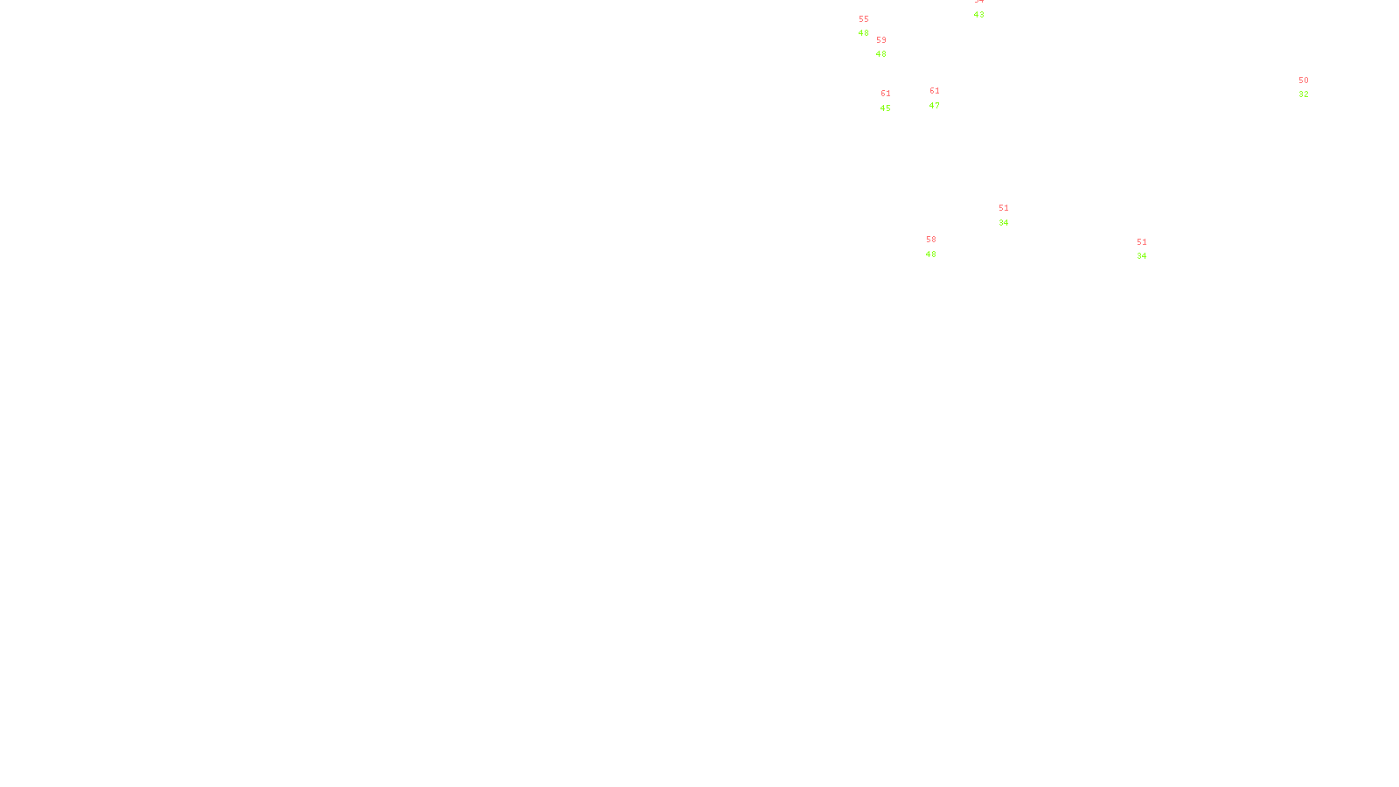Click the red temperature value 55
(x=864, y=19)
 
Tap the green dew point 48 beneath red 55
(x=864, y=33)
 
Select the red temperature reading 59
(x=881, y=40)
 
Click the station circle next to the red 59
(x=889, y=47)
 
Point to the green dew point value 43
(x=979, y=15)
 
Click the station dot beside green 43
(x=987, y=8)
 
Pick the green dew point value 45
(x=886, y=108)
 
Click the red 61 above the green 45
(x=886, y=94)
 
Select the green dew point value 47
(x=935, y=106)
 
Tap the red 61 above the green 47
(x=935, y=91)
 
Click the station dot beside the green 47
(x=943, y=98)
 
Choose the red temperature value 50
(x=1304, y=80)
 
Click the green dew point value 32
(x=1304, y=94)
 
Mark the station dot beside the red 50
(x=1312, y=87)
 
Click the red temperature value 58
(x=931, y=240)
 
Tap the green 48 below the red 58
(x=931, y=254)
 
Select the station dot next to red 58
(x=939, y=247)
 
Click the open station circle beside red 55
(x=872, y=26)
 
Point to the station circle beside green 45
(x=894, y=101)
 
